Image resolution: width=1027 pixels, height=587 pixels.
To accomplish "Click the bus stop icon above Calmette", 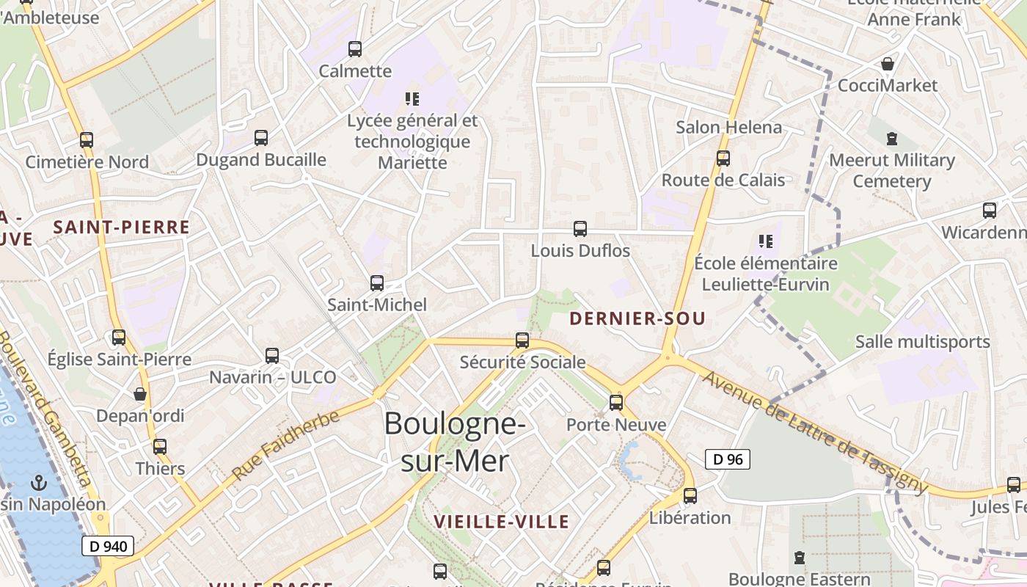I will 355,49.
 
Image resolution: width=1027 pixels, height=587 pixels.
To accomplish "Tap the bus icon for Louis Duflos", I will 580,229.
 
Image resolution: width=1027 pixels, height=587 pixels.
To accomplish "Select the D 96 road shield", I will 728,459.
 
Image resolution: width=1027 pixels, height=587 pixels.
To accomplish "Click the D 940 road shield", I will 108,546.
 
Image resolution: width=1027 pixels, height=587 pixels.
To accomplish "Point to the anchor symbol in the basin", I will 39,483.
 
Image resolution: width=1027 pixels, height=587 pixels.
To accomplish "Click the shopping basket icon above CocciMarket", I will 888,64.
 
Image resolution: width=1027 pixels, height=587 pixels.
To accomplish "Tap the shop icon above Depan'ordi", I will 140,394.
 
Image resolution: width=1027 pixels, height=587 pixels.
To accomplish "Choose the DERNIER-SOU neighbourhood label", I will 637,318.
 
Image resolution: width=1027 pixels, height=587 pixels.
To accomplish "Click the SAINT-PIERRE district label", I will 122,227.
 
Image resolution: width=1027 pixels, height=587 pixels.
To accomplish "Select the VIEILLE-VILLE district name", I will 502,522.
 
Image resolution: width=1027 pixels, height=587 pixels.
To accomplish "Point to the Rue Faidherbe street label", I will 285,445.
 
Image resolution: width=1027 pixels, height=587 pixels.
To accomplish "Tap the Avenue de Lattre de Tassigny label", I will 814,432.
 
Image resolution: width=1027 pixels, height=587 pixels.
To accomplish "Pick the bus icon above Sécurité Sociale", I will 522,340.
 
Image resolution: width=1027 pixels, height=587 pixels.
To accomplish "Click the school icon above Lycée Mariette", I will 412,98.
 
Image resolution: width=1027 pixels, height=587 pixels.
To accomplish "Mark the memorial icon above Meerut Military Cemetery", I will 892,138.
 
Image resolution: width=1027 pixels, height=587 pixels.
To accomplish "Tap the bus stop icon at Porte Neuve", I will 616,402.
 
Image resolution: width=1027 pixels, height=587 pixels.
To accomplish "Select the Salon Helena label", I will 729,127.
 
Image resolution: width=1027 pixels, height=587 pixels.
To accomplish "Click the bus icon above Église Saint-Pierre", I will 119,338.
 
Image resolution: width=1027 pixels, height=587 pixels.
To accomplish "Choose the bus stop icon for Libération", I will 690,496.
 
